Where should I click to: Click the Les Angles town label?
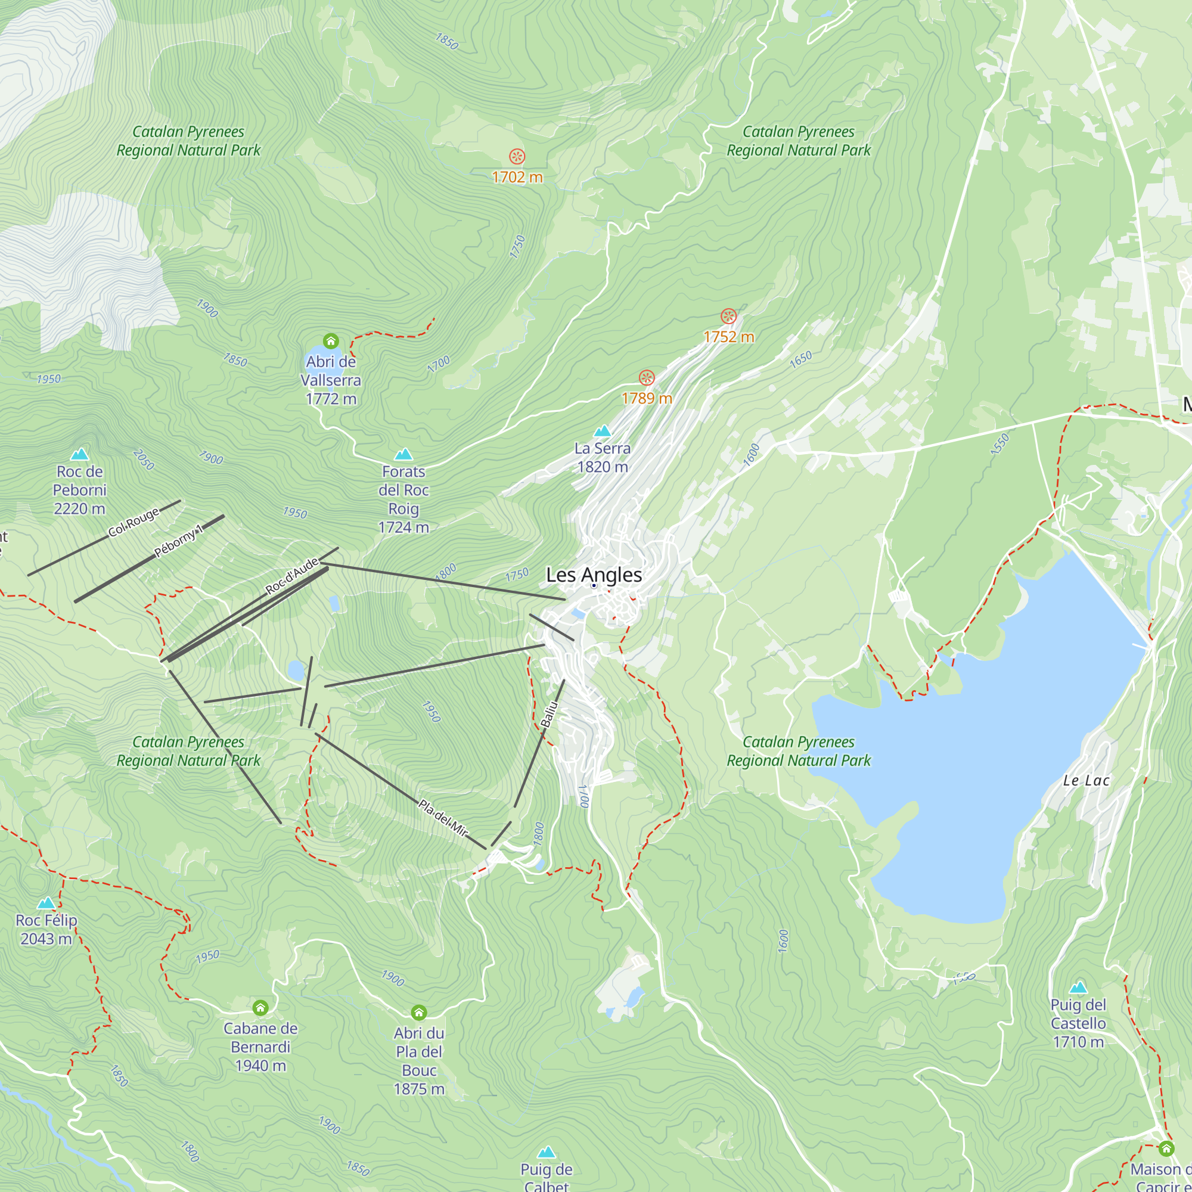point(594,575)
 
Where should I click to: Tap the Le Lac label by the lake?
point(1086,781)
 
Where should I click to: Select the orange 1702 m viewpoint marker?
point(517,157)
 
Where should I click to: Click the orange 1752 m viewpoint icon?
point(729,316)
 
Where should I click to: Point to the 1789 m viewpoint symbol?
point(647,378)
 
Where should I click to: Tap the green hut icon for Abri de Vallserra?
point(331,341)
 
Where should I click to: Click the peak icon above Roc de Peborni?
point(79,455)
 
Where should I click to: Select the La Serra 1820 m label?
point(602,458)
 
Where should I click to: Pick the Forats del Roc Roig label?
point(403,499)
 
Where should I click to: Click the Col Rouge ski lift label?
point(134,522)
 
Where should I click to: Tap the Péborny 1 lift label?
point(178,541)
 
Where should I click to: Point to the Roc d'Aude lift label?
point(292,575)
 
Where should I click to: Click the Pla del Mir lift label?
point(443,818)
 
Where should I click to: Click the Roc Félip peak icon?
point(46,904)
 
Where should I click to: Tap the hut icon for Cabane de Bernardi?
point(260,1008)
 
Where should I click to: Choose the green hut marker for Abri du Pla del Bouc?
point(419,1013)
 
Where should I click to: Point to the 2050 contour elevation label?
point(143,460)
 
